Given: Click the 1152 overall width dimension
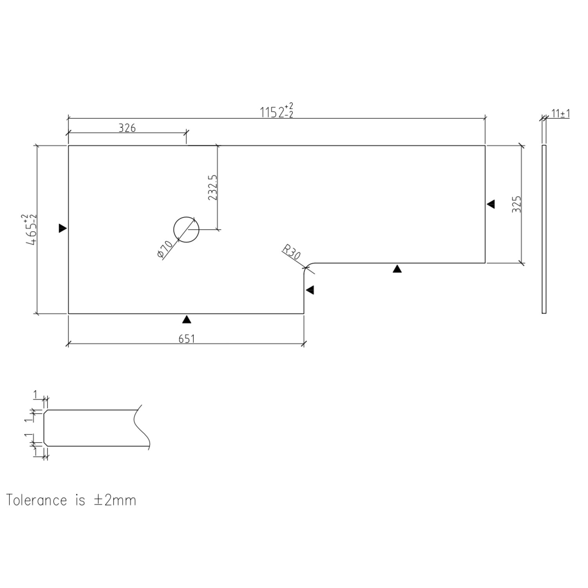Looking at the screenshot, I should coord(277,112).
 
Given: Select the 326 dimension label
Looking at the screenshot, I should coord(127,128).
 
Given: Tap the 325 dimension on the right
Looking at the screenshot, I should coord(517,204).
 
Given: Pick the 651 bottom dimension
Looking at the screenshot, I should coord(187,338).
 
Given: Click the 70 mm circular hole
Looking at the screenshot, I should coord(186,229).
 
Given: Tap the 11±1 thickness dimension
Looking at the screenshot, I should coord(560,114).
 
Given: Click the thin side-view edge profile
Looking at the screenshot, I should coord(544,229).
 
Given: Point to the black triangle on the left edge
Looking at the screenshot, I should coord(62,228).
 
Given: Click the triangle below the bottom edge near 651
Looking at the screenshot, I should coord(187,319).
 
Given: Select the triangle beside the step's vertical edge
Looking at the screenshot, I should coord(310,290).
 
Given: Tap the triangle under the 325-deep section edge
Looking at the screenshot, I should coord(397,269).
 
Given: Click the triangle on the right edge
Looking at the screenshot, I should coord(491,204).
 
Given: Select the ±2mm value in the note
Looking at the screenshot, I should coord(114,501).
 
